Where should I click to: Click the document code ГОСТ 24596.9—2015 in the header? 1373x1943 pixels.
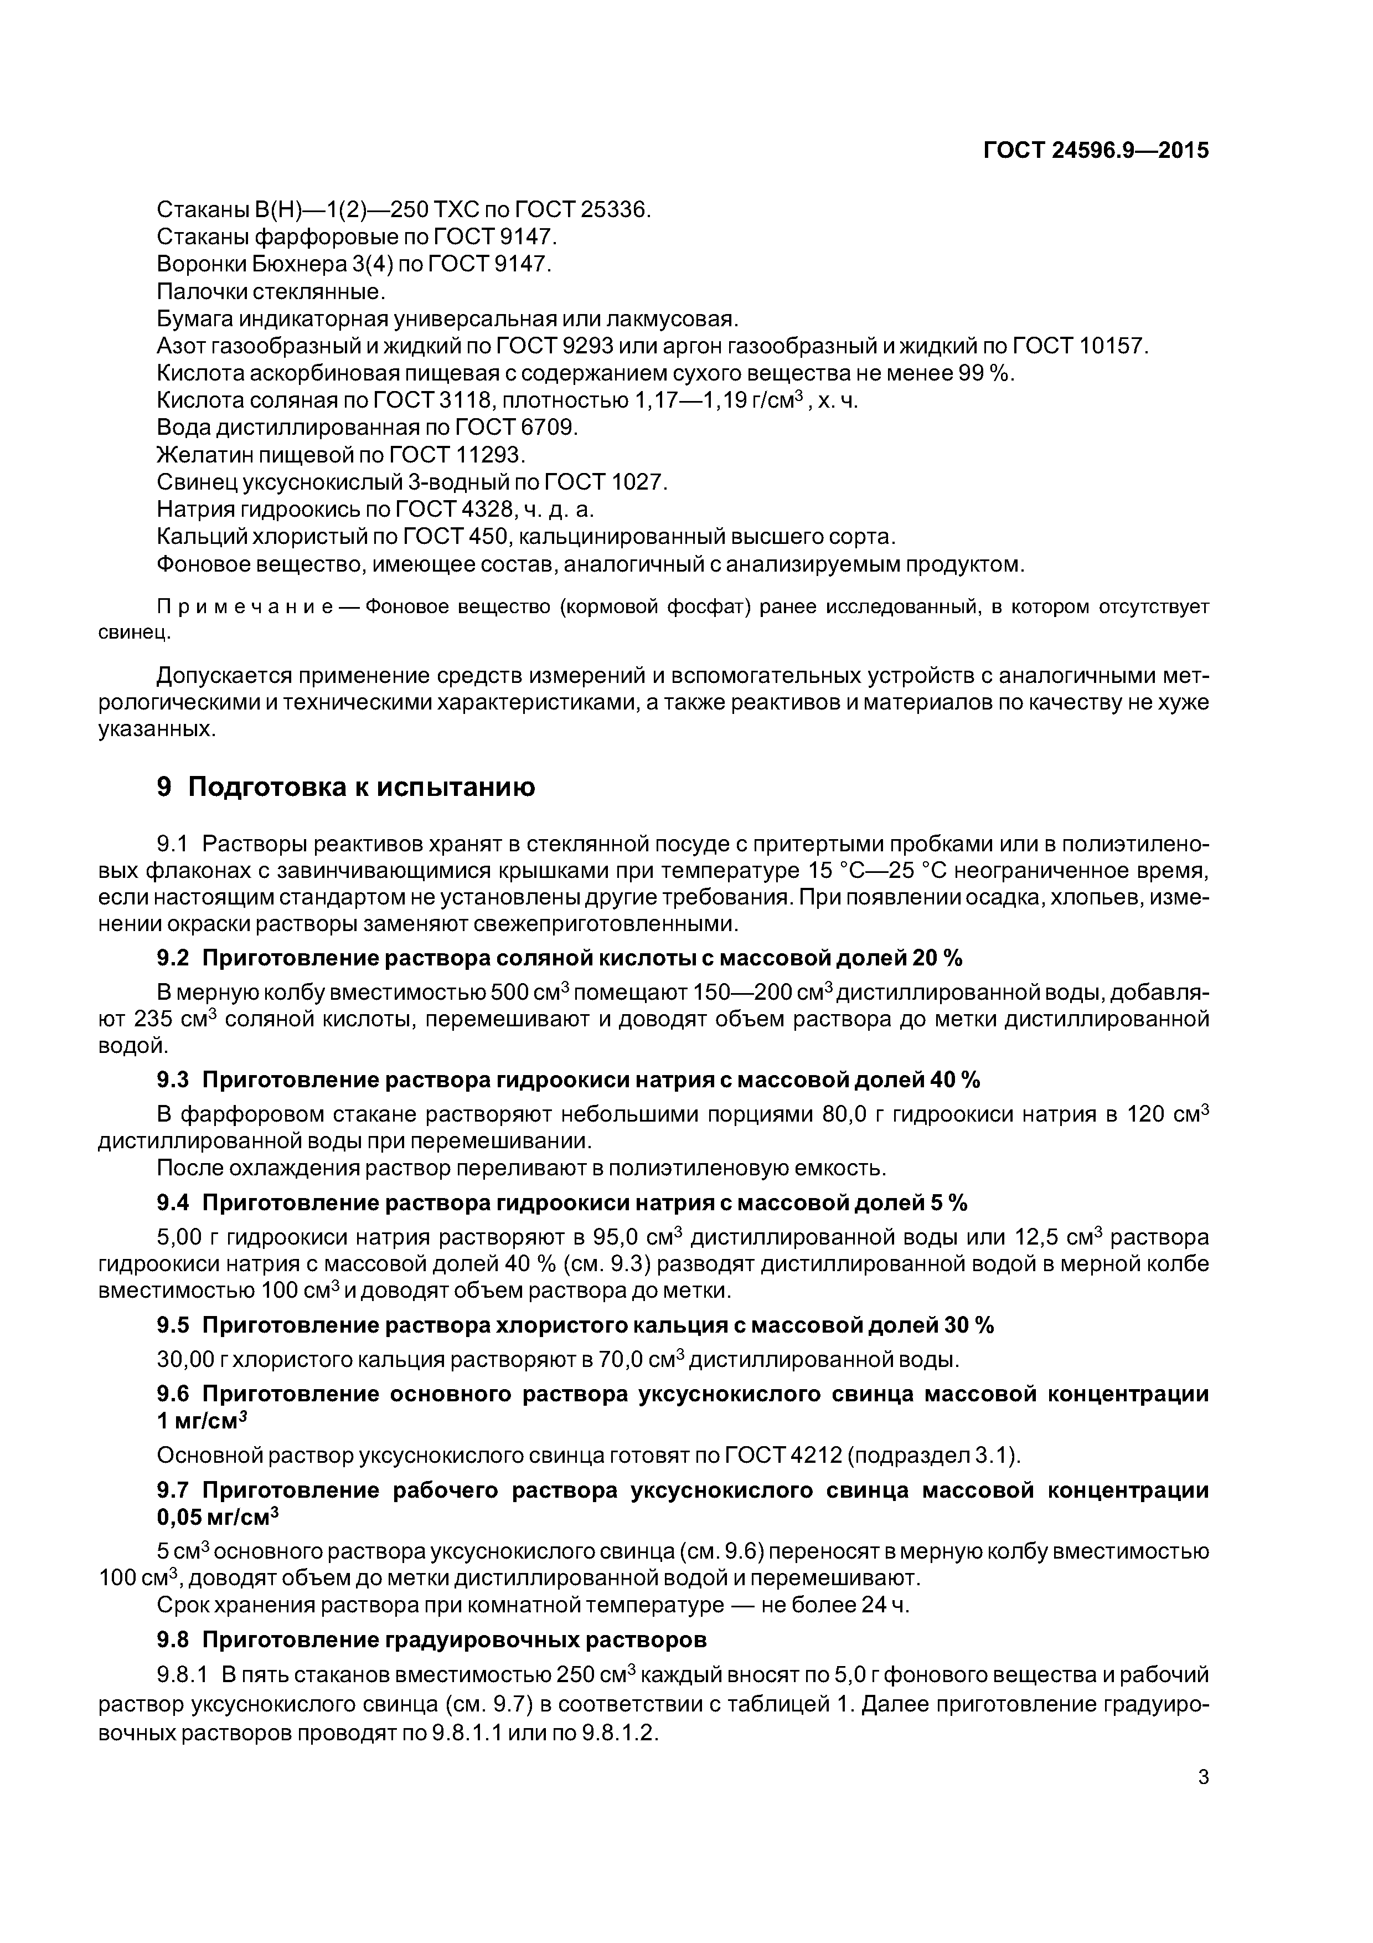click(x=1096, y=151)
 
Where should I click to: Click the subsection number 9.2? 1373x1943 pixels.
click(x=173, y=958)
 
